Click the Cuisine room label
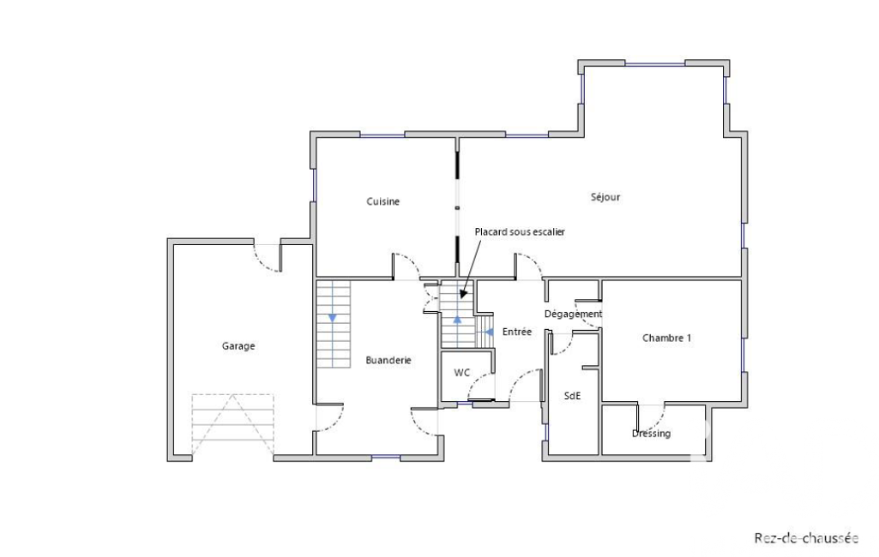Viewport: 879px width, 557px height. [382, 201]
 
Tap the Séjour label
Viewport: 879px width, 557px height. [605, 197]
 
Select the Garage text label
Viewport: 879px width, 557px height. [238, 345]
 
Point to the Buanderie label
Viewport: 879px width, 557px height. [388, 360]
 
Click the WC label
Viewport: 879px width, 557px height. [462, 373]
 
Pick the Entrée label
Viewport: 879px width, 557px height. [517, 332]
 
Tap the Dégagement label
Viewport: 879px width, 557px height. [573, 314]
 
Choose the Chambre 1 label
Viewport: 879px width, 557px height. [666, 338]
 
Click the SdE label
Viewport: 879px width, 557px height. [572, 396]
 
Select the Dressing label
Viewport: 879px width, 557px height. [651, 434]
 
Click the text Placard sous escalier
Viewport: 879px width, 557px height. [520, 231]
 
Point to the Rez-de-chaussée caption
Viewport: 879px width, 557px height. [806, 538]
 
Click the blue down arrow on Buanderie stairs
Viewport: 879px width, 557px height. [333, 318]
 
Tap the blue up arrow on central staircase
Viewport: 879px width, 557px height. [457, 320]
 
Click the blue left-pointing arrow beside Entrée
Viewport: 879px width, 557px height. [489, 332]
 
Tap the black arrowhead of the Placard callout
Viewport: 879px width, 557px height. [463, 293]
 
